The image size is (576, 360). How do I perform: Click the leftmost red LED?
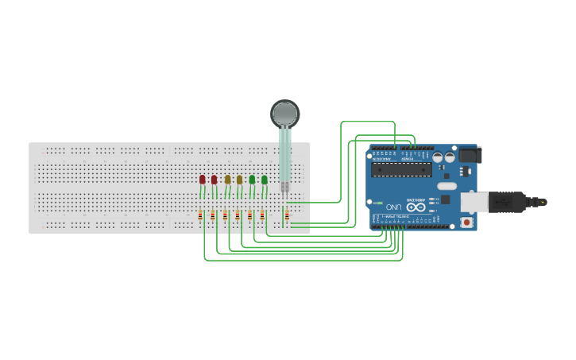coord(203,180)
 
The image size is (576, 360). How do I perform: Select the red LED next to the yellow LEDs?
coord(214,180)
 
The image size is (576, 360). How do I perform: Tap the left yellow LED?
coord(227,180)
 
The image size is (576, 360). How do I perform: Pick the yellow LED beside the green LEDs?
coord(239,180)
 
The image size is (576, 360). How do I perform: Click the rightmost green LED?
coord(265,180)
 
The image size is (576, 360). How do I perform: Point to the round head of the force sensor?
coord(285,114)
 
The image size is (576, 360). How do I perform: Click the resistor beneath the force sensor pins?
coord(287,215)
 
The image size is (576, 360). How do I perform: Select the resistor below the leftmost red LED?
coord(200,215)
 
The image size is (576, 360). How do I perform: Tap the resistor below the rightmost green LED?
coord(262,215)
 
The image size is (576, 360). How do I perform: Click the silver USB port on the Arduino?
coord(474,202)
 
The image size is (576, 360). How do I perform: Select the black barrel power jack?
coord(468,156)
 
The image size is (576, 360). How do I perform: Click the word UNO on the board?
coord(394,207)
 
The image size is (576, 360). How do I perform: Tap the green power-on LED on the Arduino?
coord(379,203)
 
